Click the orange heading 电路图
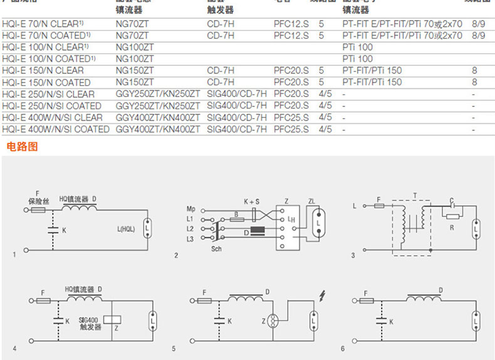[x=22, y=147]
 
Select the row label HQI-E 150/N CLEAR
[x=43, y=70]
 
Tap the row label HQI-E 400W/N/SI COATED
[x=56, y=130]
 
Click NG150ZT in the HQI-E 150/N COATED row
[x=135, y=82]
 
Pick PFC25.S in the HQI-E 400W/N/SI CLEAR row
[x=291, y=118]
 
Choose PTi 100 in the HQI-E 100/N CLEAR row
[x=357, y=47]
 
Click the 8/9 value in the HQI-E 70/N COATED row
[x=479, y=35]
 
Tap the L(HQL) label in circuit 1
[x=125, y=229]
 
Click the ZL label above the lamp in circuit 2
[x=312, y=201]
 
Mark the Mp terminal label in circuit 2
[x=190, y=208]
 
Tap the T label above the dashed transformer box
[x=414, y=195]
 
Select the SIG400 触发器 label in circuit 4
[x=90, y=322]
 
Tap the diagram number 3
[x=353, y=255]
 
